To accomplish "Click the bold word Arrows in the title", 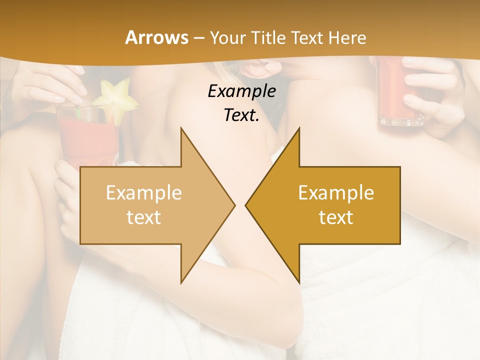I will [157, 37].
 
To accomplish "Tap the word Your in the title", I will [227, 37].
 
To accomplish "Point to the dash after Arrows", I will [198, 38].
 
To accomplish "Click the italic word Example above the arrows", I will [242, 91].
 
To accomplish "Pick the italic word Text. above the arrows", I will [242, 115].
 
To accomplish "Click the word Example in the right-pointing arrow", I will [143, 192].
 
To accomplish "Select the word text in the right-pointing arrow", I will [143, 217].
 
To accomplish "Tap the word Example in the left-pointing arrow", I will [336, 192].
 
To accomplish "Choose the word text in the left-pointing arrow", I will [336, 217].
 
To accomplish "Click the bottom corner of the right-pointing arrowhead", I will [181, 282].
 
